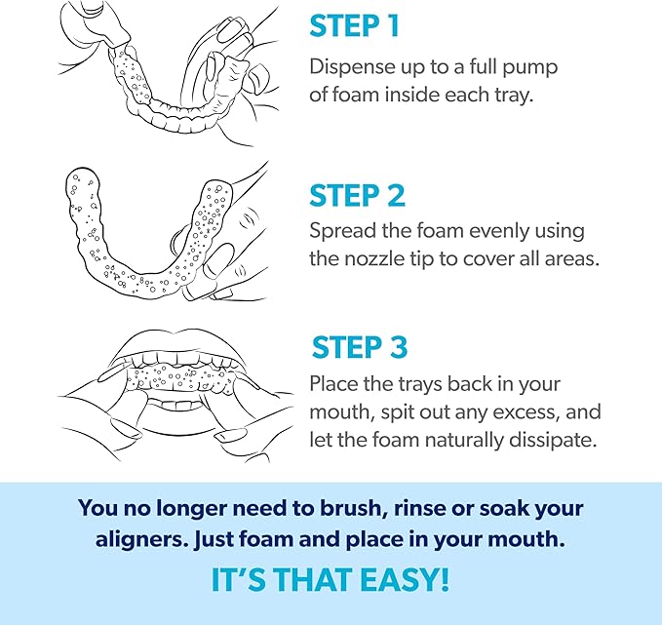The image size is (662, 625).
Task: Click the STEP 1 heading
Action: pyautogui.click(x=355, y=26)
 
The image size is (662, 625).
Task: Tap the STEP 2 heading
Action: pyautogui.click(x=357, y=195)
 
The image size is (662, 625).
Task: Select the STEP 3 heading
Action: pyautogui.click(x=359, y=348)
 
